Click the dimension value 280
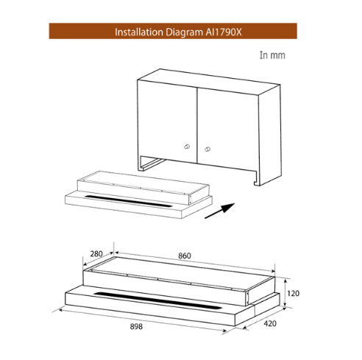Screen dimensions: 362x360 click(96, 254)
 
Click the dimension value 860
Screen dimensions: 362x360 click(185, 255)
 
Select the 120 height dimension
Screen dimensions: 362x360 click(293, 293)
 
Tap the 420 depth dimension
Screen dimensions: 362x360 click(270, 323)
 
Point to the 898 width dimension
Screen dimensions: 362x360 click(136, 327)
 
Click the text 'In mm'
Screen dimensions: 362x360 click(272, 55)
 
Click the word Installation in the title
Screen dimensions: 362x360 click(139, 32)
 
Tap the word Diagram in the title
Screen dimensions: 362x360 click(184, 32)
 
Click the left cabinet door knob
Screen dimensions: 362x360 click(187, 147)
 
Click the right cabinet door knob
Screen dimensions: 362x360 click(207, 149)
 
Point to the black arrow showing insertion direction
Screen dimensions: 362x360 click(220, 211)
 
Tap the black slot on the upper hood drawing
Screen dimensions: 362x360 click(128, 201)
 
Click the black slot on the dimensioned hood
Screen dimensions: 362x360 click(158, 300)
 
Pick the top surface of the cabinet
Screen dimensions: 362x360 click(209, 82)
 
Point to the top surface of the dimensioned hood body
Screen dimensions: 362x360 click(182, 273)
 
